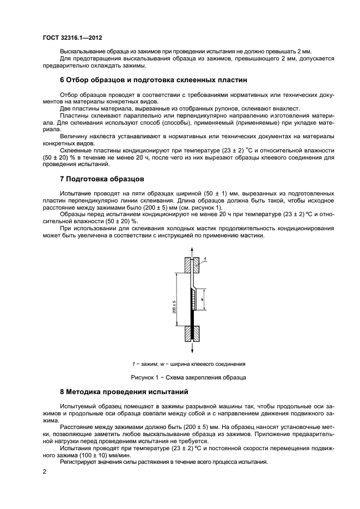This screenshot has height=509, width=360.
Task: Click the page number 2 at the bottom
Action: pyautogui.click(x=45, y=473)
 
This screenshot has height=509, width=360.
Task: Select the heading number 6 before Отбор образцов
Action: pyautogui.click(x=62, y=79)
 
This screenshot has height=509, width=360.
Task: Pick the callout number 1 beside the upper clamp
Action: pyautogui.click(x=205, y=259)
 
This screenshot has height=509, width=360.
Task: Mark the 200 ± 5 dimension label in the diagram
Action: pyautogui.click(x=174, y=306)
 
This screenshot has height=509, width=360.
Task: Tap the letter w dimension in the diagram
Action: pyautogui.click(x=202, y=299)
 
